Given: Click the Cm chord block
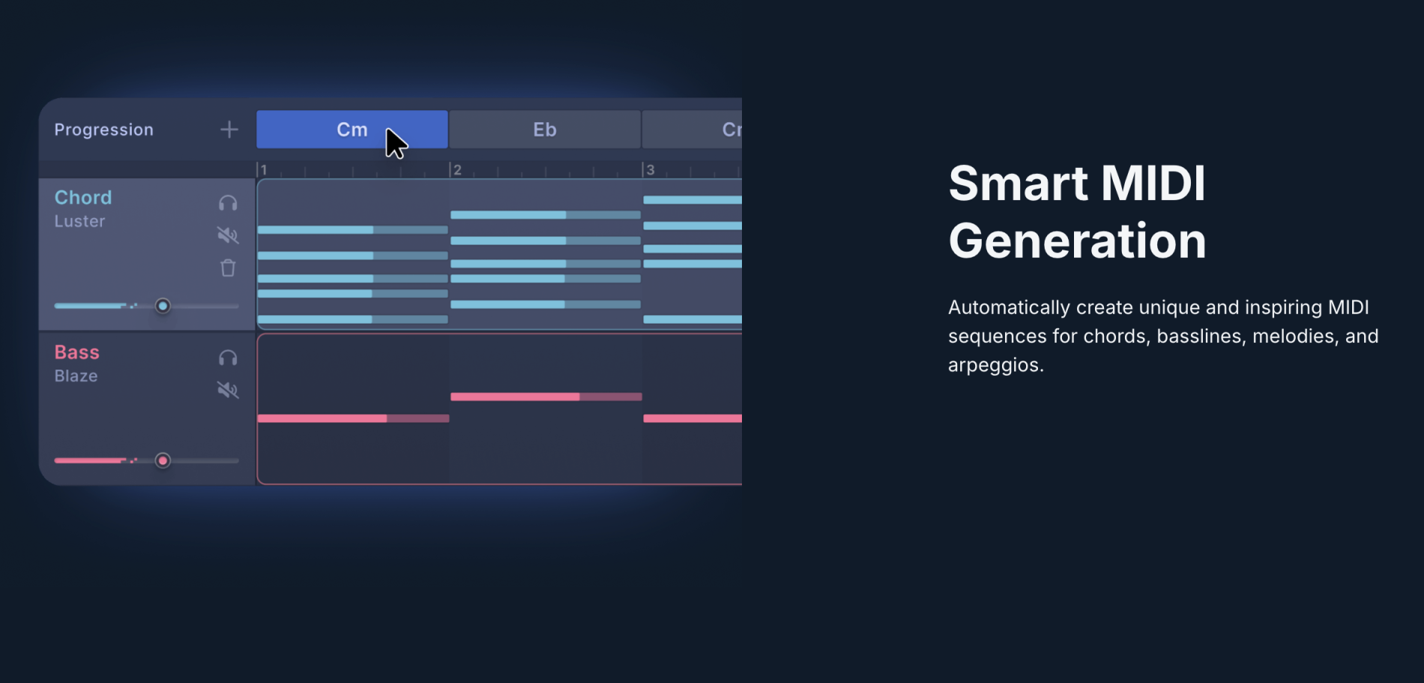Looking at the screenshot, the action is (x=352, y=130).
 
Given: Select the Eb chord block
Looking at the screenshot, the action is (x=545, y=130).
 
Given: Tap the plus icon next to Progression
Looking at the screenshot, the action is (x=229, y=130).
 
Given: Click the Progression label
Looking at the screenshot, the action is (x=103, y=130).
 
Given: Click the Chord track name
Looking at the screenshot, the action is (x=83, y=197).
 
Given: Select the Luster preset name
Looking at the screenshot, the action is (x=79, y=221).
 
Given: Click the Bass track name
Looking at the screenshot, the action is (x=76, y=352).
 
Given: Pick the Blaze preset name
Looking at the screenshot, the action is (x=76, y=376).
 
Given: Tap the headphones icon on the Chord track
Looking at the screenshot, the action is (x=228, y=203).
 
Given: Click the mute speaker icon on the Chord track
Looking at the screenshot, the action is (x=228, y=235).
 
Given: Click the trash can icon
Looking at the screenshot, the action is (x=228, y=268).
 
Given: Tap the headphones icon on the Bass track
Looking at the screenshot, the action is (x=228, y=358).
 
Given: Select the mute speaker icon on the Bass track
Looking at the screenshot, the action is (x=228, y=390).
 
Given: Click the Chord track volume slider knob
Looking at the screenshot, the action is (x=163, y=306).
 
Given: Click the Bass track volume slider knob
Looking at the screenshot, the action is (x=163, y=460).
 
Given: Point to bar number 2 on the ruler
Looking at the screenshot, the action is (x=457, y=170).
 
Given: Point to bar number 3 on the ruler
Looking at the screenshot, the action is (x=651, y=170).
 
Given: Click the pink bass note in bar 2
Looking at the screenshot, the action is (x=546, y=397).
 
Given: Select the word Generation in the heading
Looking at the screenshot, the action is (x=1077, y=241).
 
